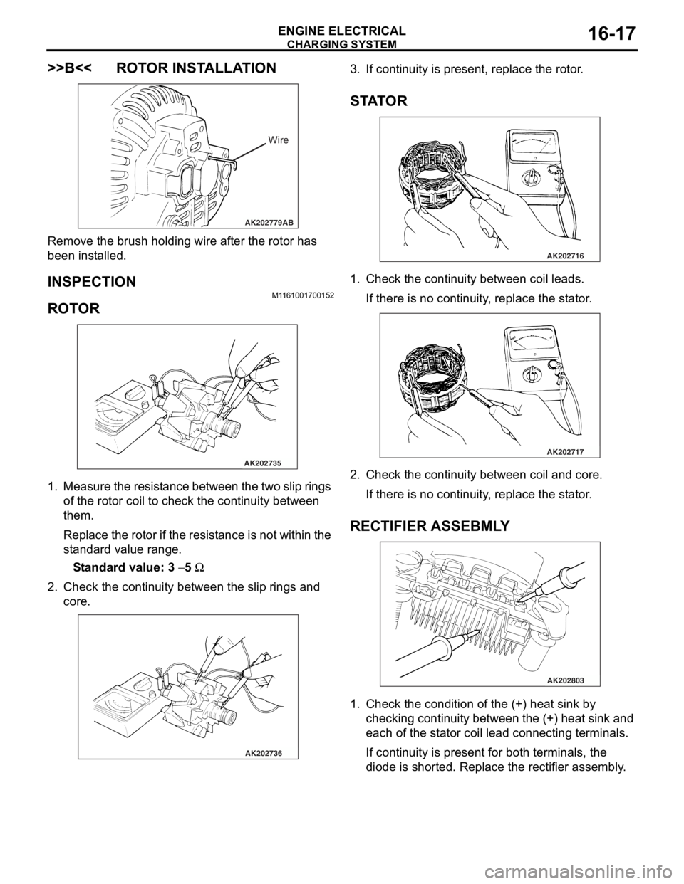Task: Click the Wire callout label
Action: (279, 140)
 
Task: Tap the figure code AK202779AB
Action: (269, 222)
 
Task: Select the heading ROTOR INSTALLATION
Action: (196, 68)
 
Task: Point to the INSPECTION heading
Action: (92, 282)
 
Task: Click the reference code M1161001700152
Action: (303, 295)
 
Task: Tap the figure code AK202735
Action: (263, 463)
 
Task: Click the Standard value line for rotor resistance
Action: (139, 567)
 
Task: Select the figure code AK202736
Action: (264, 753)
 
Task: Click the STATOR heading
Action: (378, 101)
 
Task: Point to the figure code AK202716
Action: (565, 256)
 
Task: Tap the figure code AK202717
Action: (565, 451)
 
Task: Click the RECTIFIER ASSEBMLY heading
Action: (430, 526)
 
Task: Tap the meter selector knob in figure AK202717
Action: (532, 373)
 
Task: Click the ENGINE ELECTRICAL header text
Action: (342, 31)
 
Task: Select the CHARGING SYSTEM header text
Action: (342, 44)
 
